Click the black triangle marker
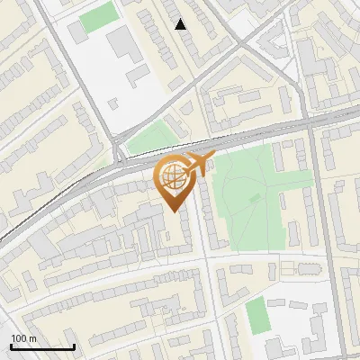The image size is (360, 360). point(181,24)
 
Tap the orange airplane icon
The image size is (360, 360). point(198,164)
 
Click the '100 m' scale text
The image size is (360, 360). point(23,338)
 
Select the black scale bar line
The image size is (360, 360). point(42,346)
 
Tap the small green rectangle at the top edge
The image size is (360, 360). point(97,16)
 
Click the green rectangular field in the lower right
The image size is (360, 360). point(257,315)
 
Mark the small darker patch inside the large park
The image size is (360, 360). point(256,196)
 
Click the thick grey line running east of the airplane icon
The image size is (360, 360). point(270,134)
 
